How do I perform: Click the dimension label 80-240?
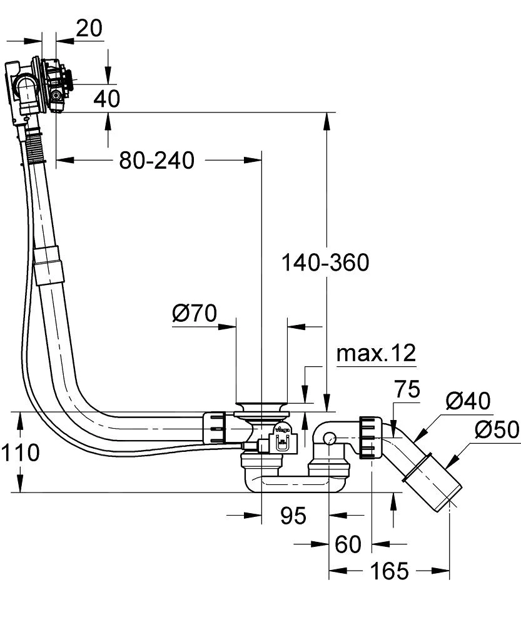click(157, 161)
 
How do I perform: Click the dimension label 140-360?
click(325, 262)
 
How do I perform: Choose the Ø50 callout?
click(496, 429)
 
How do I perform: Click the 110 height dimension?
click(20, 452)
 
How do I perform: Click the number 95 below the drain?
click(293, 516)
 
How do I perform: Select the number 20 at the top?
click(89, 28)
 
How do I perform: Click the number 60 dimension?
click(348, 544)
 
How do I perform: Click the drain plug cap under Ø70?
click(261, 408)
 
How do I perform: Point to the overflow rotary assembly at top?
click(53, 83)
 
